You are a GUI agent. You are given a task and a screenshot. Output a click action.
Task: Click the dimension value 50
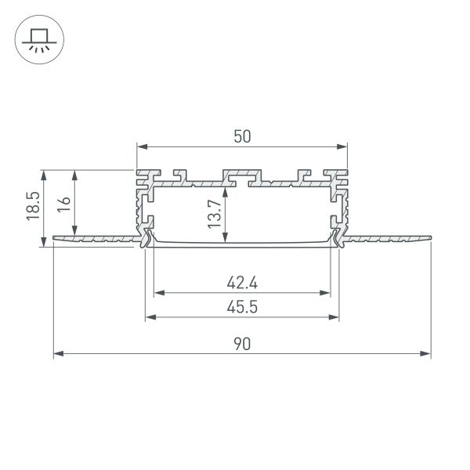tap(242, 136)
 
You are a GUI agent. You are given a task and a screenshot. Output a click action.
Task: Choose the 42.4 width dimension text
tap(242, 281)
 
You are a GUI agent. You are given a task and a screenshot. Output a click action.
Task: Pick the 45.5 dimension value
tap(242, 307)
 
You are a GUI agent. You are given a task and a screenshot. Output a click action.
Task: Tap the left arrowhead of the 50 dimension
tap(142, 146)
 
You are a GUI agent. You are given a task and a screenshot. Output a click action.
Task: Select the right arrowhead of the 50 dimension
tap(342, 146)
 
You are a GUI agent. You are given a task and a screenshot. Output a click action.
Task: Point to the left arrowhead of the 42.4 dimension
tap(157, 293)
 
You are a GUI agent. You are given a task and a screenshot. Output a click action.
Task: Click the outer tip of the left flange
tap(55, 240)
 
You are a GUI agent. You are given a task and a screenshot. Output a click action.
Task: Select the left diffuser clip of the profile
tap(145, 238)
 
